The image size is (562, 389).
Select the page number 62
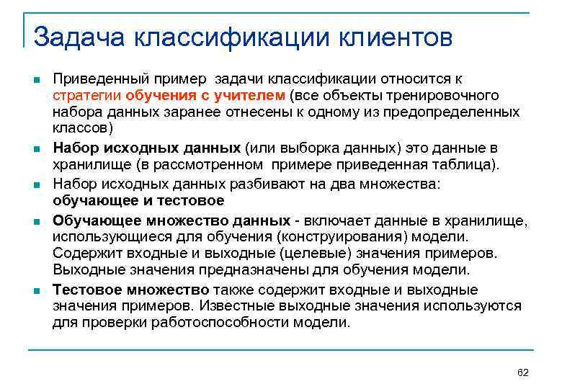tap(523, 372)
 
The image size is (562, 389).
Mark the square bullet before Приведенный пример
tap(35, 79)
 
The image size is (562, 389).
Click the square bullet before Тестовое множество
tap(35, 290)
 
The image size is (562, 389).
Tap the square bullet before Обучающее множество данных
tap(35, 220)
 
